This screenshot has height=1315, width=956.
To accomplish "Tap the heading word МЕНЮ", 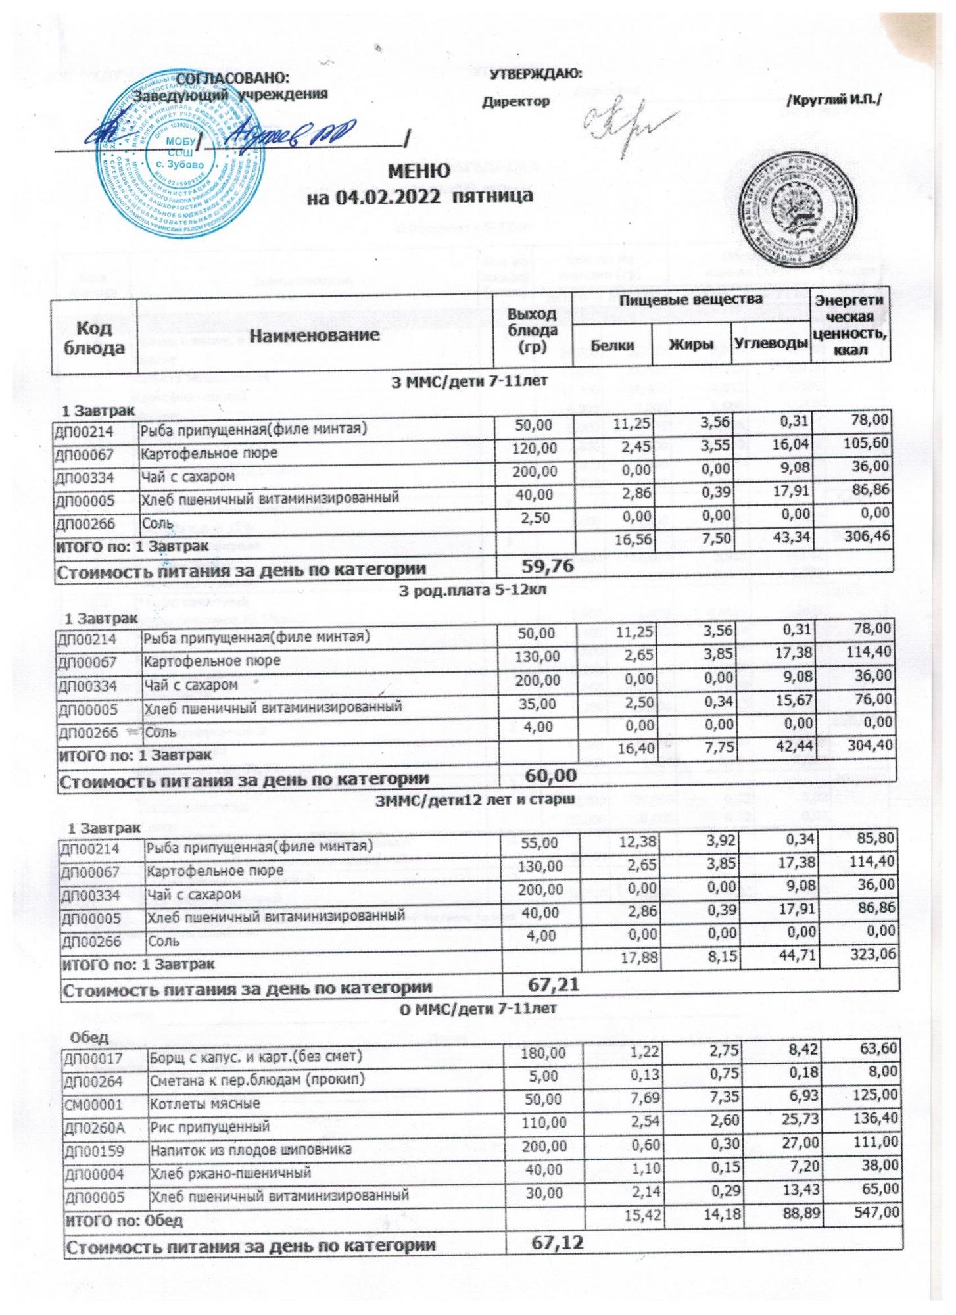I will [421, 172].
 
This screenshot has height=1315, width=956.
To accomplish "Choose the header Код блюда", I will [93, 337].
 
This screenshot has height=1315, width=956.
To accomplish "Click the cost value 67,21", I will [552, 983].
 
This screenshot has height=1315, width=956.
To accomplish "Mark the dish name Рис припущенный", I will [210, 1126].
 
